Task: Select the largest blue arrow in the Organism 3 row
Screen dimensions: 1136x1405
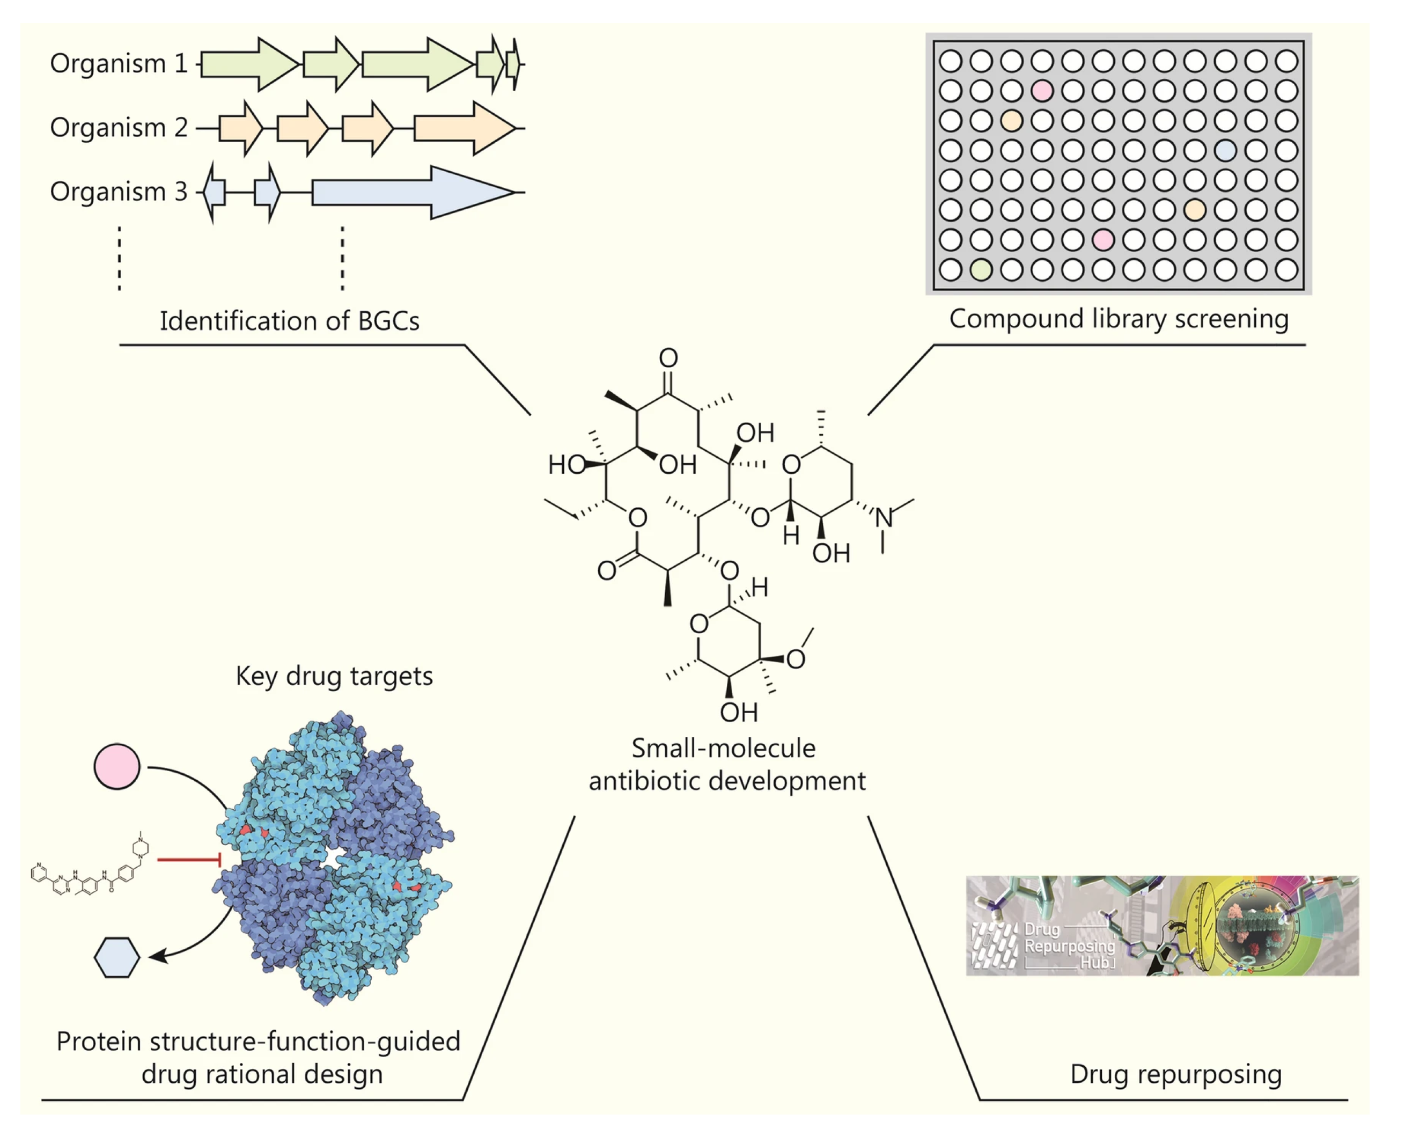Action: point(406,193)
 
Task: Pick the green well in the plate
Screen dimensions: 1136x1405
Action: point(981,269)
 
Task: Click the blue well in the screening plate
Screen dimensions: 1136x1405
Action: point(1225,150)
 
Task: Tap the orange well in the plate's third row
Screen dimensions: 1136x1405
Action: point(1011,120)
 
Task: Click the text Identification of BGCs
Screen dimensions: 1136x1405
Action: point(289,321)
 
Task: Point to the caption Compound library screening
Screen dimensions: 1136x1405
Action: point(1119,319)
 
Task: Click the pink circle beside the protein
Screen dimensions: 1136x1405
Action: point(117,766)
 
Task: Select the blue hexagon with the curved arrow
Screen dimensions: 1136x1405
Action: point(117,957)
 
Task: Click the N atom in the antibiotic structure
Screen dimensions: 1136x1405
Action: point(884,518)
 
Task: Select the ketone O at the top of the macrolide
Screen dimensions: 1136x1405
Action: point(668,358)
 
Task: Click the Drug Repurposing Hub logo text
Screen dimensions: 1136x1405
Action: point(1068,946)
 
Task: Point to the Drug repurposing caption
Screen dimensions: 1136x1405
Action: point(1175,1074)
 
